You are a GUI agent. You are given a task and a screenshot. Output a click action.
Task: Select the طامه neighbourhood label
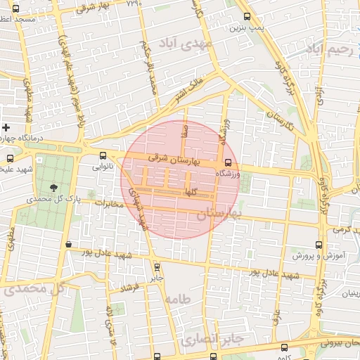click(x=177, y=299)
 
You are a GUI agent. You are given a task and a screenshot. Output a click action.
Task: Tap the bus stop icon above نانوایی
click(x=103, y=156)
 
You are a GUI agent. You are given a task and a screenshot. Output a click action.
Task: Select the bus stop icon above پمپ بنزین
click(x=246, y=16)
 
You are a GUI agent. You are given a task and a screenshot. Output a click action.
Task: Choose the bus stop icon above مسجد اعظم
click(x=16, y=8)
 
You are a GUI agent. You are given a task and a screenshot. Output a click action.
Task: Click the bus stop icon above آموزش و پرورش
click(x=319, y=245)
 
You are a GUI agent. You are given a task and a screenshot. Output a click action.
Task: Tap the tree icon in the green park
click(x=54, y=187)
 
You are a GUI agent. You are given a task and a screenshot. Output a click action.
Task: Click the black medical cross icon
click(x=6, y=128)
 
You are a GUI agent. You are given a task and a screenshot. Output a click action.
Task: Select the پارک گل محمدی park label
click(x=50, y=199)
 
